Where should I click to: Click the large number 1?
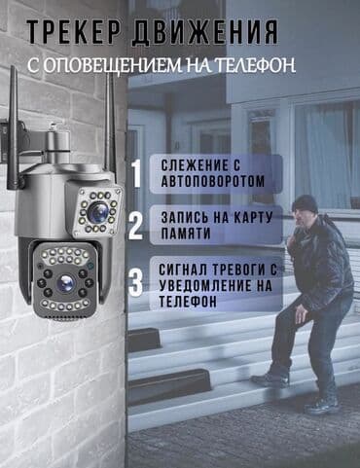[136, 172]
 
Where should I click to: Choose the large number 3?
[136, 281]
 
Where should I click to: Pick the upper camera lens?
[97, 211]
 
